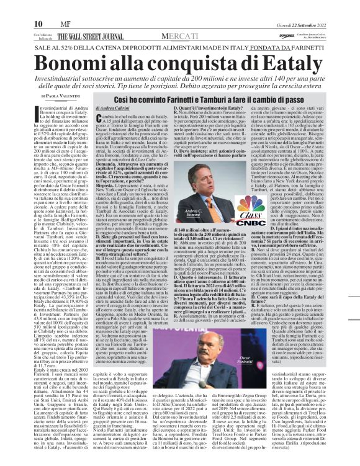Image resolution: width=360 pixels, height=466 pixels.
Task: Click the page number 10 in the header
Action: click(12, 6)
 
